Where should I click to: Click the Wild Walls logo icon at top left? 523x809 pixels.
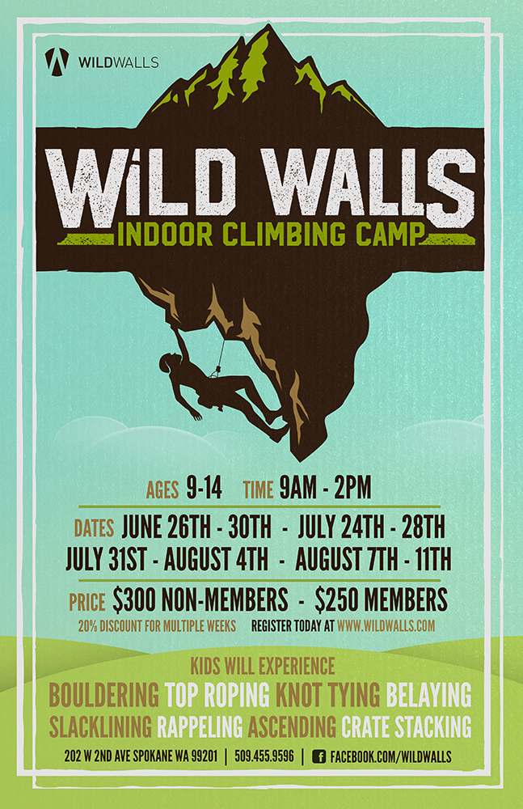pos(57,61)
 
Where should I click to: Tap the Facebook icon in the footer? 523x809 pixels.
pos(319,757)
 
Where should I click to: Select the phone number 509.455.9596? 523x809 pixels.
pos(264,757)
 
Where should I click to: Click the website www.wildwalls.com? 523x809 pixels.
pos(386,626)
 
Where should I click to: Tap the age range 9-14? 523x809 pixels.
pos(205,488)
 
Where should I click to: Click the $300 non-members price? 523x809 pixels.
pos(200,600)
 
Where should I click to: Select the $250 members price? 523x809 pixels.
pos(382,600)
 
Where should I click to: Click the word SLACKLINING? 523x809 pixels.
pos(100,727)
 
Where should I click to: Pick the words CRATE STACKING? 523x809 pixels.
pos(407,727)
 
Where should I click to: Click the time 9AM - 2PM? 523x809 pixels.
pos(326,488)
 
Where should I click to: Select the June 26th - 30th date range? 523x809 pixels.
pos(196,527)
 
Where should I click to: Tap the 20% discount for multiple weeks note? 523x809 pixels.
pos(157,626)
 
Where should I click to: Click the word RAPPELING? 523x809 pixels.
pos(200,727)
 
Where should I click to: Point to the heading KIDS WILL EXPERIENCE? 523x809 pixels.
pos(263,666)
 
